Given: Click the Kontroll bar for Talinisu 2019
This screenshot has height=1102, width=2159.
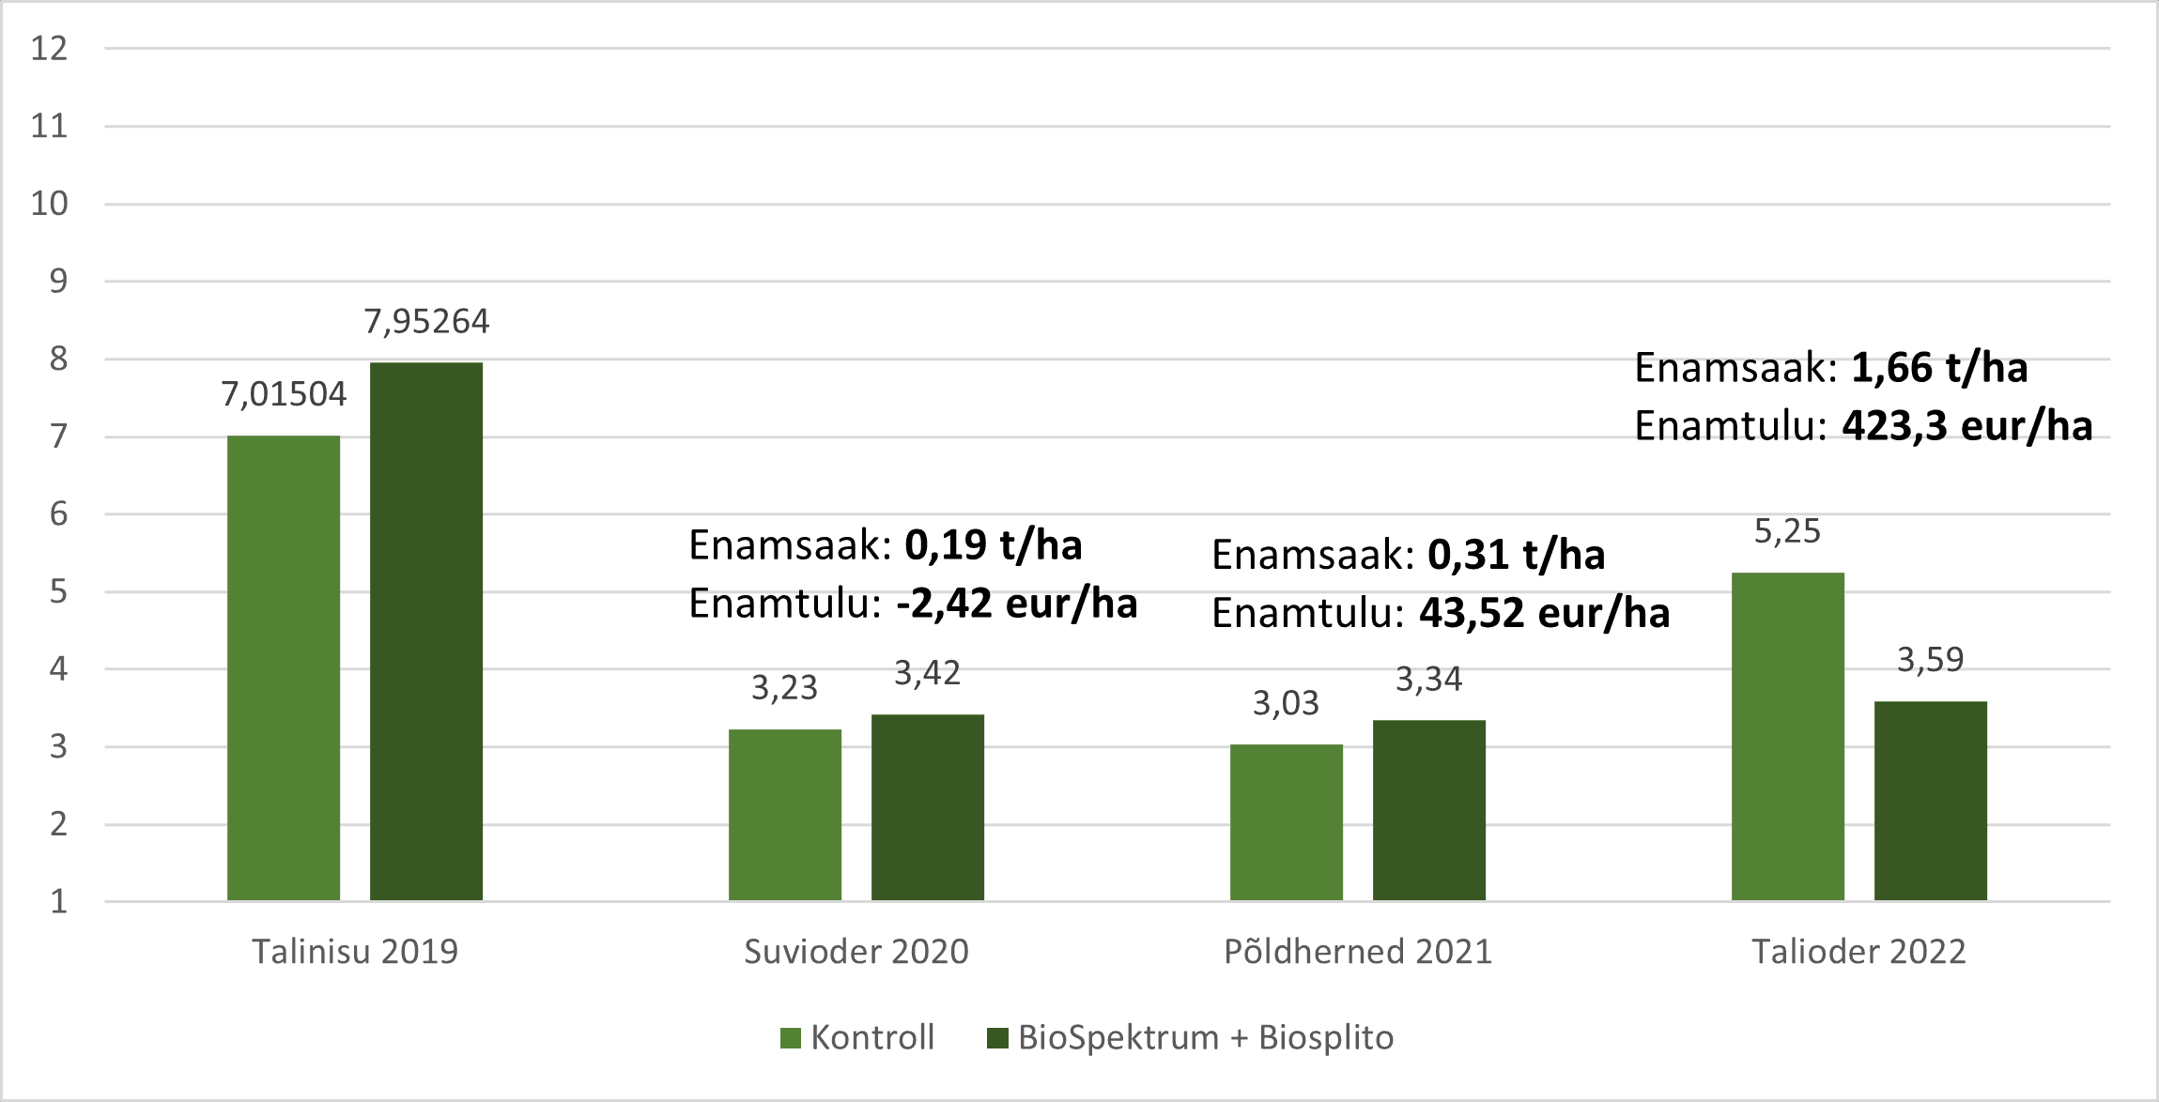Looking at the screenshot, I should pos(283,667).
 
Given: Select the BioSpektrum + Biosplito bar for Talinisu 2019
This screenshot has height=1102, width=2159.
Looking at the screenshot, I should pos(425,631).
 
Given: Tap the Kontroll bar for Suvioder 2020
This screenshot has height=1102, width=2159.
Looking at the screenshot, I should pos(784,814).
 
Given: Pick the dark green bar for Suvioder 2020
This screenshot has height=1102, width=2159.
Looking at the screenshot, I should pos(927,806).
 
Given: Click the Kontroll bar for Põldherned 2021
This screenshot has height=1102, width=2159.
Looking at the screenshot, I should pos(1286,821).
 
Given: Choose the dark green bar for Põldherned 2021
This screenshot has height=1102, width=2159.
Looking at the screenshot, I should pos(1428,809).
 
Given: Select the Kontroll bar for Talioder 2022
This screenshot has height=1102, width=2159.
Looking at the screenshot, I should pos(1787,736).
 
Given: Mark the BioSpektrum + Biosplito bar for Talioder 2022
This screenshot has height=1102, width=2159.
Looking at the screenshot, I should pos(1930,800).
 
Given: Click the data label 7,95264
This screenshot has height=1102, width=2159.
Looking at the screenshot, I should pos(426,322).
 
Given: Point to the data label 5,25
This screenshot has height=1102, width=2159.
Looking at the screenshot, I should pos(1787,531).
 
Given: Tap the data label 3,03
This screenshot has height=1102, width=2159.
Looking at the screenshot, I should pos(1286,703).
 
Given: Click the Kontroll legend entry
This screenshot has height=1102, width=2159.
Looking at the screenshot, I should pos(858,1037).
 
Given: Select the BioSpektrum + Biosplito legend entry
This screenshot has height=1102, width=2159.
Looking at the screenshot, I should pos(1191,1037).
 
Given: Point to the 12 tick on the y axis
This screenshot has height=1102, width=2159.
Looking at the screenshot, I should pos(49,49).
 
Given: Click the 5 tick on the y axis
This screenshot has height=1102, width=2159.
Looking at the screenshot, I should pos(58,591).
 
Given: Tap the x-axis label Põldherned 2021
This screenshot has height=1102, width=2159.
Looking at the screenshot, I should pos(1357,952).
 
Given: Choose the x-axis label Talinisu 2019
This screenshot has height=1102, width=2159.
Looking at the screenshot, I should pos(355,952).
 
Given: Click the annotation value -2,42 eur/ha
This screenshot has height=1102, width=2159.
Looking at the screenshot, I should pos(1016,604).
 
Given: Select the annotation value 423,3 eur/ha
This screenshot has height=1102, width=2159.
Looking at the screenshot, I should pos(1966,426).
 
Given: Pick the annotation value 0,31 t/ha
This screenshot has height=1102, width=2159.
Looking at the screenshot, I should pos(1516,555).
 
